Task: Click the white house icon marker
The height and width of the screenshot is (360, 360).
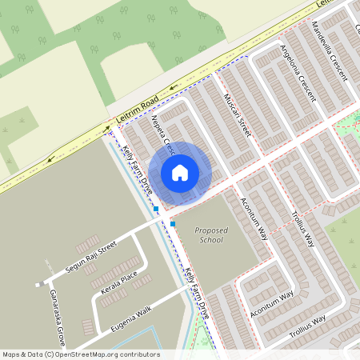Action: click(180, 172)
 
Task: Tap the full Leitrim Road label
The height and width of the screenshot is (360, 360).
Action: click(138, 112)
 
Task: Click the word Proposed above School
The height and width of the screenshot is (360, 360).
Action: click(211, 230)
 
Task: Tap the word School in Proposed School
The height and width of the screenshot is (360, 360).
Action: click(211, 240)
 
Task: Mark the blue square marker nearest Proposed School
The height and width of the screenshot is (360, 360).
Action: click(173, 224)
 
